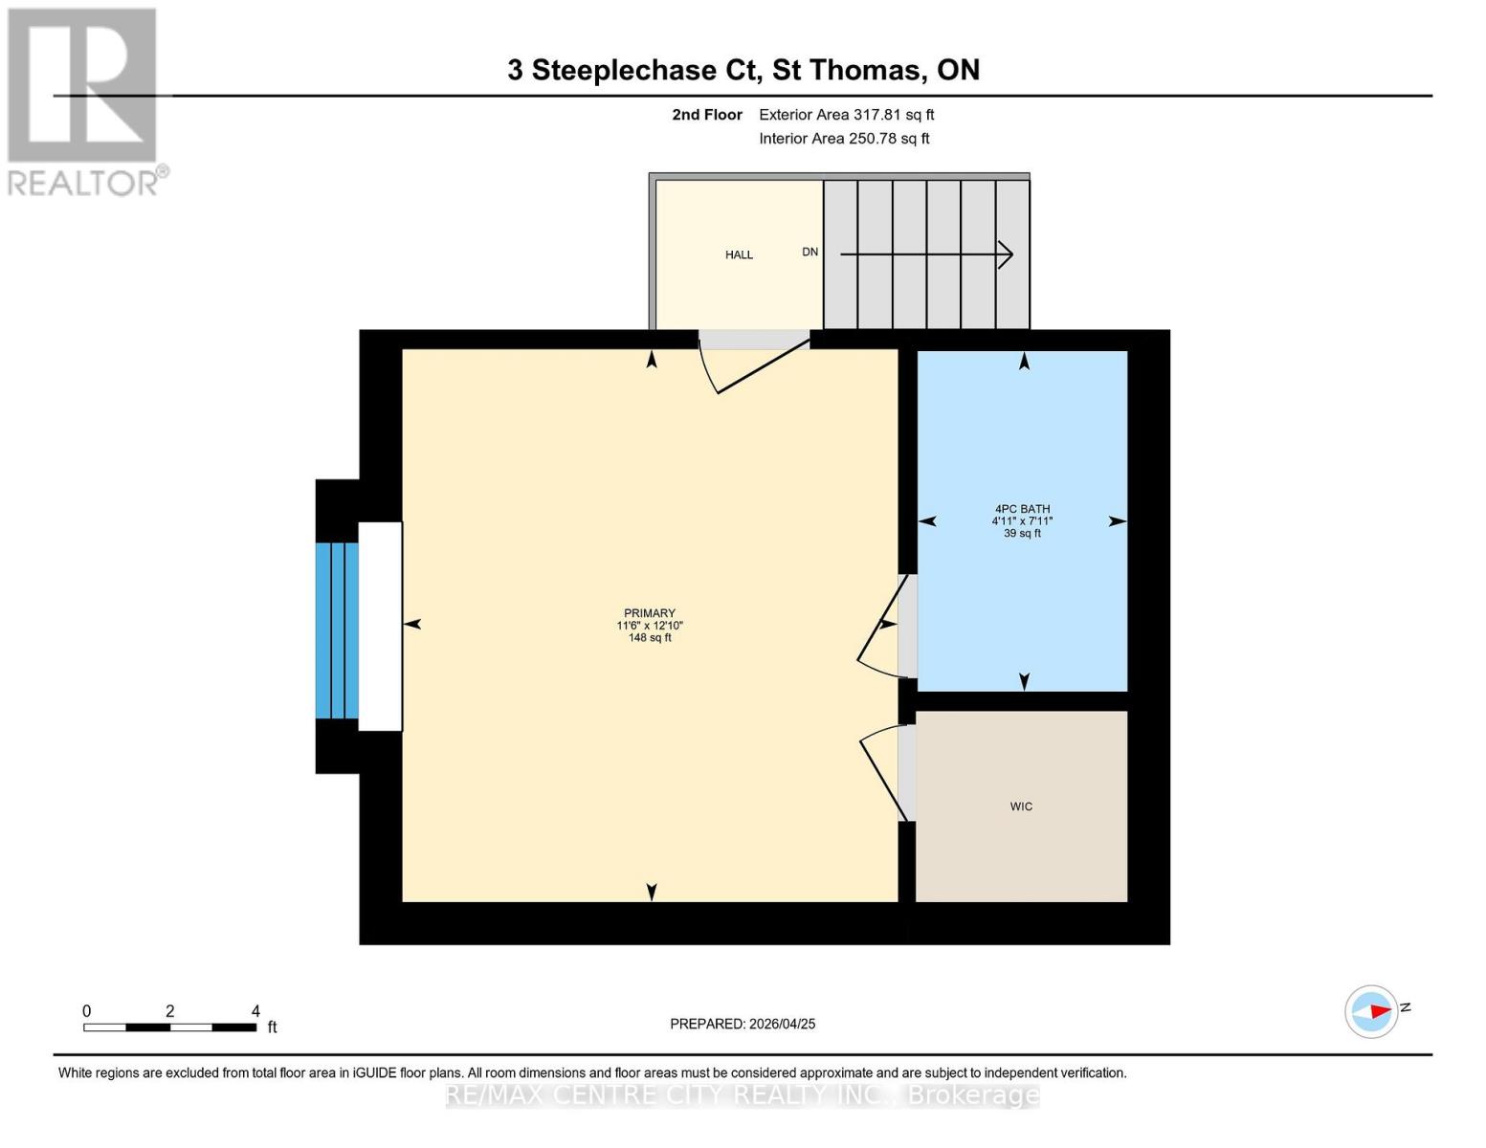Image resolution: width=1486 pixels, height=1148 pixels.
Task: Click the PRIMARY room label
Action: click(x=650, y=613)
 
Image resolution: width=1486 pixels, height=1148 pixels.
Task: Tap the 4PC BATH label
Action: click(x=1022, y=509)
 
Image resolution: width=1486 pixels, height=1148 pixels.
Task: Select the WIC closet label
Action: click(x=1021, y=806)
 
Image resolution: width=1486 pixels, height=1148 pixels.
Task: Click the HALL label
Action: click(x=739, y=254)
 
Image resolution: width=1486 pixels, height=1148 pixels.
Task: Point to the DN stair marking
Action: click(x=810, y=252)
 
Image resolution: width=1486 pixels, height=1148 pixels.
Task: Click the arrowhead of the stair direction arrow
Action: click(x=1007, y=254)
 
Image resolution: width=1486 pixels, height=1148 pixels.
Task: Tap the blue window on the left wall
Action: click(x=337, y=630)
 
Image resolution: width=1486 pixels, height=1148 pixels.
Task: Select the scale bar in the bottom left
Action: click(x=169, y=1027)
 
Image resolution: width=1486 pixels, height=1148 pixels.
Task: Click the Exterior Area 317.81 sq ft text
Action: click(x=846, y=115)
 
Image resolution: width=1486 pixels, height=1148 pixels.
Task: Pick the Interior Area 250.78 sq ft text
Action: click(x=844, y=139)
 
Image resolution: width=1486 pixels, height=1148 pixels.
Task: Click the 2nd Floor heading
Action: click(x=707, y=115)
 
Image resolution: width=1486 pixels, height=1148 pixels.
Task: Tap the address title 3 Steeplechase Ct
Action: click(x=743, y=70)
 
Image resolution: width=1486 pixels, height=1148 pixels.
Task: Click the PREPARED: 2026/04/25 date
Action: click(x=743, y=1024)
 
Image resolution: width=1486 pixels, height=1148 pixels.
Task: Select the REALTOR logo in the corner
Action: click(x=84, y=100)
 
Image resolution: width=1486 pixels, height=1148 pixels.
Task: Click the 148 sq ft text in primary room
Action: click(x=650, y=638)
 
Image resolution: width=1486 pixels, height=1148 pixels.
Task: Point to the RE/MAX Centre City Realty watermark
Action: click(x=743, y=1095)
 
